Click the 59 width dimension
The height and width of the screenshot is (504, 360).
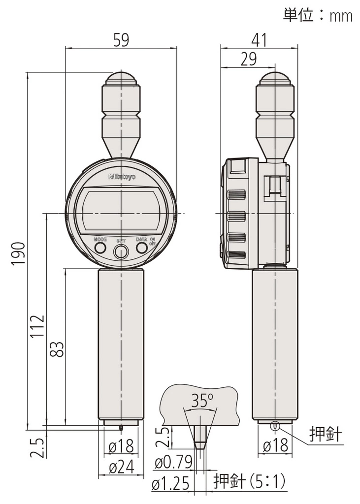(x=121, y=40)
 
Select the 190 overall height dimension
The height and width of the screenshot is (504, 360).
(x=18, y=253)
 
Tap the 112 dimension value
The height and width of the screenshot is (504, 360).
(x=37, y=326)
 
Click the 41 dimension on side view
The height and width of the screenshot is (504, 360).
(x=260, y=40)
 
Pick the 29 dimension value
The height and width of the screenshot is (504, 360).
(x=249, y=59)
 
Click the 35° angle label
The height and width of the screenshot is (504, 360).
(x=202, y=401)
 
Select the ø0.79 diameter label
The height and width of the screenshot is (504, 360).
(x=173, y=463)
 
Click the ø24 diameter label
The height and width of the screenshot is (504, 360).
(x=121, y=468)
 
